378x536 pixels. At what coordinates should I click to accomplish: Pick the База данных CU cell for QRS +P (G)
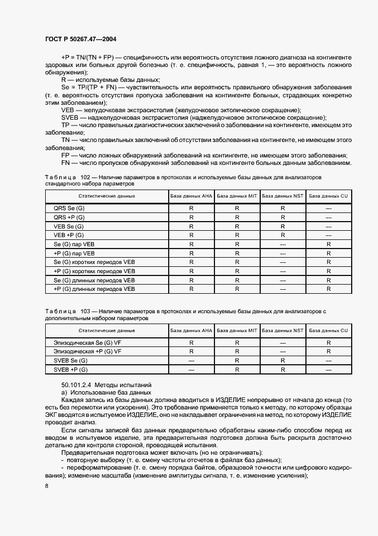tap(328, 218)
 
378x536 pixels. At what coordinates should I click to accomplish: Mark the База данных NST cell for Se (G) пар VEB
tap(282, 245)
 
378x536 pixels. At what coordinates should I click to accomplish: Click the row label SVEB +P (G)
tap(70, 370)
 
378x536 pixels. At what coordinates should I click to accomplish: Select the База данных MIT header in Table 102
tap(237, 196)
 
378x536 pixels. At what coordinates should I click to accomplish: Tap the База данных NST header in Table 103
tap(282, 330)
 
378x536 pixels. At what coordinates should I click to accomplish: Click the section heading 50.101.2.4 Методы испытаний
tap(105, 384)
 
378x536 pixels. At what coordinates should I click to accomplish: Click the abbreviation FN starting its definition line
tap(65, 163)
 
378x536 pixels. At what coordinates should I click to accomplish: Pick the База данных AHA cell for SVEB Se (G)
tap(191, 361)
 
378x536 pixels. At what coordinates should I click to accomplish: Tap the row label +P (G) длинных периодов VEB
tap(94, 289)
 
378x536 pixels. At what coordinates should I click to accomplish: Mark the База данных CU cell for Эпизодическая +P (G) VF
tap(328, 352)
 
